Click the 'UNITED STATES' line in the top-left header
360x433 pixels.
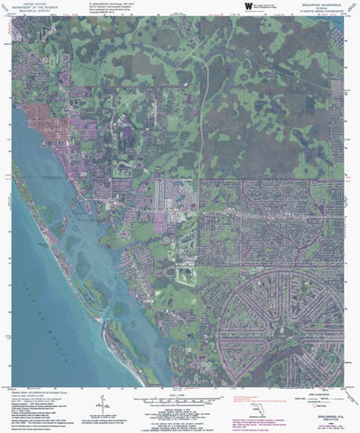39,4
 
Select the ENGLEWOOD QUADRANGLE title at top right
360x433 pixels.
320,4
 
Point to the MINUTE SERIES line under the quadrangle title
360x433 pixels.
320,12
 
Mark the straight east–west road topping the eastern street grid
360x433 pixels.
270,179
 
